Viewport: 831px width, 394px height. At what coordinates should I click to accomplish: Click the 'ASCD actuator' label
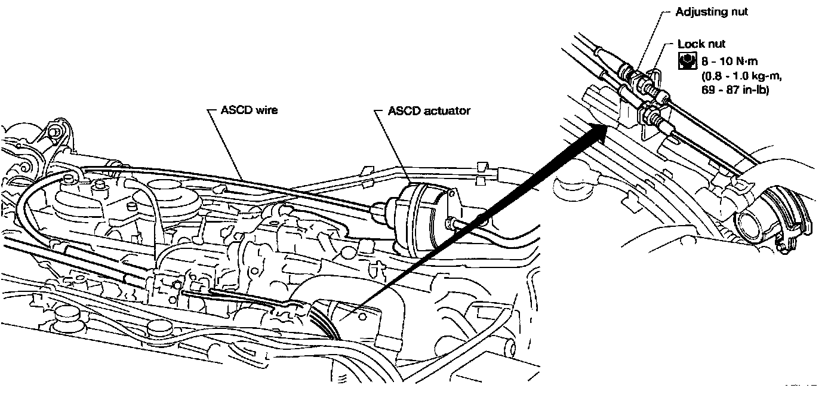429,110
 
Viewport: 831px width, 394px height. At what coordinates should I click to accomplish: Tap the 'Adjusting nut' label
711,12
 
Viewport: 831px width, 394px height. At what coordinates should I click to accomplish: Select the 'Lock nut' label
701,44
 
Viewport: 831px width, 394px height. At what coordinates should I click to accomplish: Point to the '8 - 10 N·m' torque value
727,60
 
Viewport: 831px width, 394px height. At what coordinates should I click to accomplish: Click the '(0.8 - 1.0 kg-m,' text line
740,76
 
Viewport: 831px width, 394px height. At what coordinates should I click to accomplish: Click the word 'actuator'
450,110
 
